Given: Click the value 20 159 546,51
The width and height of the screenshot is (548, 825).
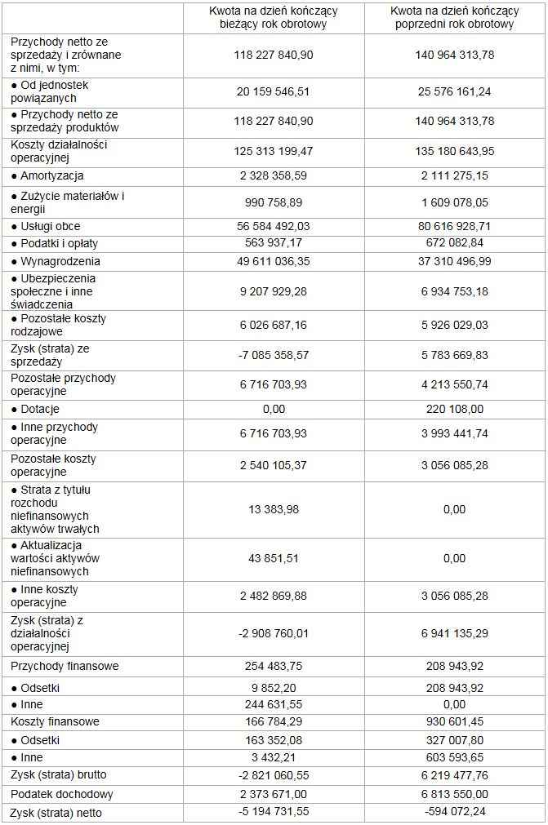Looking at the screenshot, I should tap(274, 91).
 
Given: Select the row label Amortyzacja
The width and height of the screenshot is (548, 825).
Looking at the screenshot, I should tap(51, 175).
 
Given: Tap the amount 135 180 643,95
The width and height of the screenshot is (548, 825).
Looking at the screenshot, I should tap(455, 151).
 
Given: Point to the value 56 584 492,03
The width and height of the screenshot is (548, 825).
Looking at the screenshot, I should tap(274, 226).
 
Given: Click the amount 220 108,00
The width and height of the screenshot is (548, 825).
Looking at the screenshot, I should tap(455, 409).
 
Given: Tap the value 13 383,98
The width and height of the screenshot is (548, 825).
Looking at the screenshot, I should tap(274, 509).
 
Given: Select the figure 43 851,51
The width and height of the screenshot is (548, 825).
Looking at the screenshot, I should tap(274, 558).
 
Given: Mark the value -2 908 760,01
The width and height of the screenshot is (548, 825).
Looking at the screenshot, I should tap(274, 633).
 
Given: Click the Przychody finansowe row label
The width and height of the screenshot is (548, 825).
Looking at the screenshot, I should tap(65, 666).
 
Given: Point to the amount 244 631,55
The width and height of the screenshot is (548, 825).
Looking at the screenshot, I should tap(274, 704).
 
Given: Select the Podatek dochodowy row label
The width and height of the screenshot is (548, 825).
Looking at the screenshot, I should tap(62, 794).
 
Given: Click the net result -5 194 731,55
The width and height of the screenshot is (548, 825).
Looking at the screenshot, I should tap(274, 812).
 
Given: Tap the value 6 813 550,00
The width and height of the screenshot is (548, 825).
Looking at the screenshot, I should tap(455, 794).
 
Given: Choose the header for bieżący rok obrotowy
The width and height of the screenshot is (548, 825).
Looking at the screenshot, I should tap(274, 17).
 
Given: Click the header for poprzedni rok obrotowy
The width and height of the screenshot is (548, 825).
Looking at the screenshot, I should tap(455, 17).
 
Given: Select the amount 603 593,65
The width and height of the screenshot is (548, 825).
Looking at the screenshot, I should tap(455, 758).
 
